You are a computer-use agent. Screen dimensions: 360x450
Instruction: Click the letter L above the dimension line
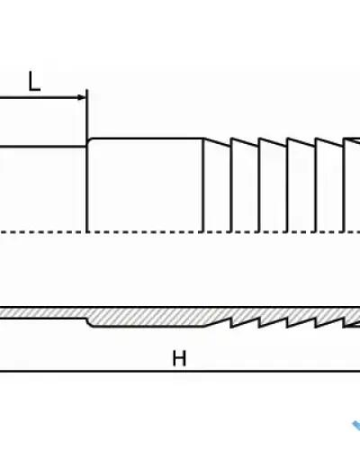coord(34,81)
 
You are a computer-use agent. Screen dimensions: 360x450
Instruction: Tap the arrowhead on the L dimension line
coord(82,97)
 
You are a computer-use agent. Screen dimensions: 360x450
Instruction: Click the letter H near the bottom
coord(179,358)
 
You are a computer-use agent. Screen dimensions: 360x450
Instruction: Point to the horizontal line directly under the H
coord(180,372)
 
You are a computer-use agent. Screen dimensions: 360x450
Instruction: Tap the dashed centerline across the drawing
coord(180,232)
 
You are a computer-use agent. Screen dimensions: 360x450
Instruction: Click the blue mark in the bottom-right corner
coord(356,426)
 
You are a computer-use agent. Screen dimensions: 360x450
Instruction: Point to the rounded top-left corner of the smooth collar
coord(90,140)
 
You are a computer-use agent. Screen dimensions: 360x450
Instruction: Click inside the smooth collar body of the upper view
coord(145,185)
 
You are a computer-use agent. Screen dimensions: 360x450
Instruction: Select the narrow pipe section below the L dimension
coord(43,189)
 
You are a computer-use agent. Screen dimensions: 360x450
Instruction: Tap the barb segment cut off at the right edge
coord(352,184)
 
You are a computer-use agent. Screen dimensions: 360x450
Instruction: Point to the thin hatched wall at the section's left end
coord(42,313)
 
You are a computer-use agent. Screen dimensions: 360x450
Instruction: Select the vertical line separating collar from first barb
coord(203,185)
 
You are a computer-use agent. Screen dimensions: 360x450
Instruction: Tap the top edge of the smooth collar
coord(147,139)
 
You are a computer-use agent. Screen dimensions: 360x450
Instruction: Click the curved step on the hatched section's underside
coord(89,322)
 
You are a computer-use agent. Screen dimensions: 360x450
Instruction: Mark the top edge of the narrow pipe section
coord(43,147)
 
